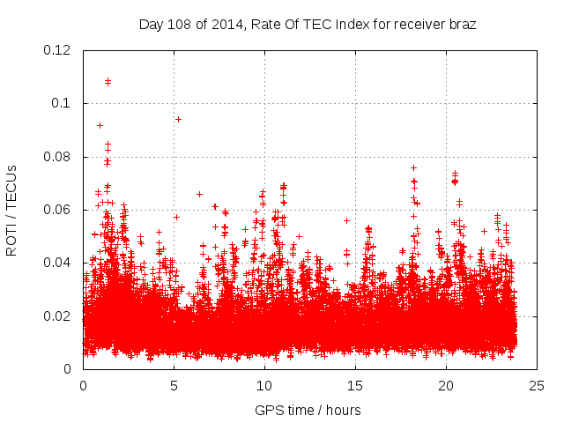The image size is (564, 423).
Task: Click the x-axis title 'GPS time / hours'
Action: click(308, 410)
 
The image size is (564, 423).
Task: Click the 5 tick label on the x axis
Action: click(174, 386)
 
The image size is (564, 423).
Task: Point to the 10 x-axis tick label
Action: click(264, 386)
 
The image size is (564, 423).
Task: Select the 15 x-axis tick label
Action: click(355, 386)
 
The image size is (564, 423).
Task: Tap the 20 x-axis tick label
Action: click(446, 386)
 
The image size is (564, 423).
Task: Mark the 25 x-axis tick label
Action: click(537, 386)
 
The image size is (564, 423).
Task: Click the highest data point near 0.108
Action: click(108, 81)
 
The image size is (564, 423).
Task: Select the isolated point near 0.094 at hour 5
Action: click(178, 119)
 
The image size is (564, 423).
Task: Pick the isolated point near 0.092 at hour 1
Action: click(100, 125)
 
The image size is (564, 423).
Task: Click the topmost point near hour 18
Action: click(413, 167)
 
